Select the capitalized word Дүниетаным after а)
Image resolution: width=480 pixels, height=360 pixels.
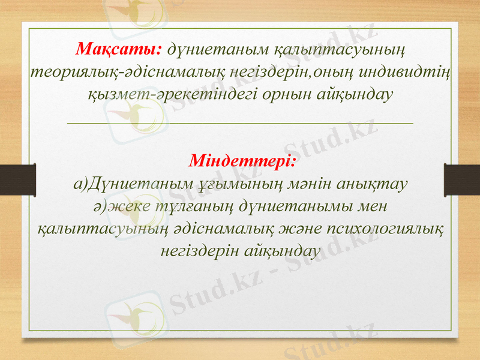tap(124, 183)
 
